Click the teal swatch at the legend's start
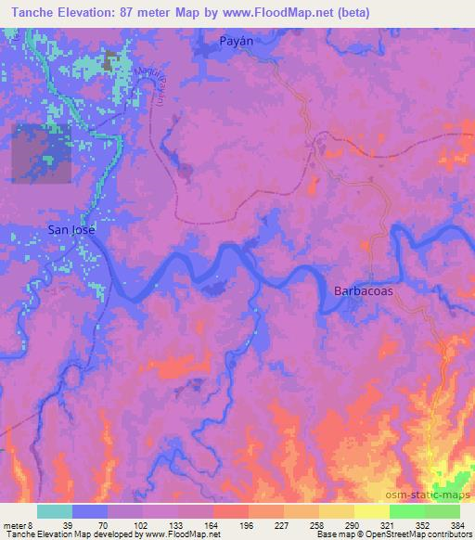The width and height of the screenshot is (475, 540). (x=55, y=511)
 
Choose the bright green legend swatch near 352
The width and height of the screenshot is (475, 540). (x=407, y=511)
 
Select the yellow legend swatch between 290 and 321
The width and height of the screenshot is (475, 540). (x=372, y=511)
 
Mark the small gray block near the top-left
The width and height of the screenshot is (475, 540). (x=110, y=63)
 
